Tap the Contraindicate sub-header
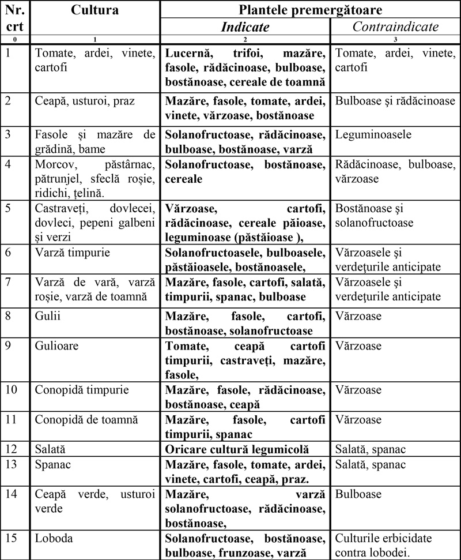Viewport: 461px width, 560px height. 395,27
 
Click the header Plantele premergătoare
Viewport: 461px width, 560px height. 310,10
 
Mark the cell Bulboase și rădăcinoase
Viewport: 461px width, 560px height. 395,101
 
